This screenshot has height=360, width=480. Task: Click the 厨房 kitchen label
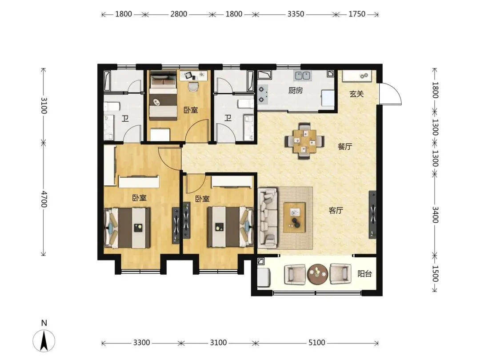point(296,91)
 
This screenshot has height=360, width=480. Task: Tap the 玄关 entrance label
point(356,94)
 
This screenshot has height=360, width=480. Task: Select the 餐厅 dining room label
point(345,147)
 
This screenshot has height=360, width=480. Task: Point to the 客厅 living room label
point(336,211)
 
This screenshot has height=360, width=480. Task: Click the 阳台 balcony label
point(364,274)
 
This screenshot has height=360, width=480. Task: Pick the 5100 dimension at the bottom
point(316,343)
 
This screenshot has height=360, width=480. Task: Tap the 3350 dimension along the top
point(296,14)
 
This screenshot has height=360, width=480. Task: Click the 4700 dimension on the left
point(44,199)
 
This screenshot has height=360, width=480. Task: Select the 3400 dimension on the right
point(435,215)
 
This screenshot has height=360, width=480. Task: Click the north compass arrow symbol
point(44,341)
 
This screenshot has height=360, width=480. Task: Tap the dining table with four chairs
point(304,141)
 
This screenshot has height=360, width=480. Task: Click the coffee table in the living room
point(295,217)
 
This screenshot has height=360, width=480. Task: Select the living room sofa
point(268,218)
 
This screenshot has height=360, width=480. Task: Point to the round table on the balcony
point(318,274)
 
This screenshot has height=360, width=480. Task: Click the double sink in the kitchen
point(303,75)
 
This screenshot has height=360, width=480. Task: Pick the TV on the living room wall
point(372,215)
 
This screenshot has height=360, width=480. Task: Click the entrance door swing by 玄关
point(391,94)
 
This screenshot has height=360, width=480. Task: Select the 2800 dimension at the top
point(179,14)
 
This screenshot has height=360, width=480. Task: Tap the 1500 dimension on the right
point(435,273)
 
